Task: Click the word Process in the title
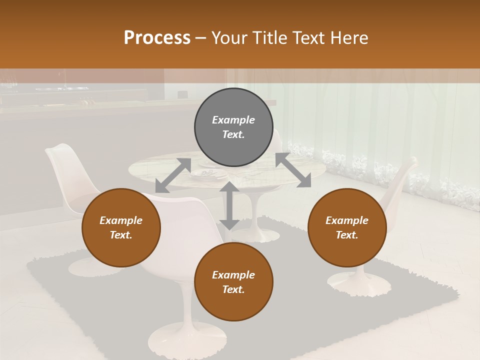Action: click(x=157, y=37)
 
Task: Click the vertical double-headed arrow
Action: click(x=229, y=205)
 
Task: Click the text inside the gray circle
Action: click(x=233, y=127)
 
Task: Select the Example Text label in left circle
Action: click(x=121, y=227)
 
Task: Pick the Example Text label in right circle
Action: click(x=347, y=227)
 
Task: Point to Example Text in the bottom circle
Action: click(x=233, y=282)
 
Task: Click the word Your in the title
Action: click(x=229, y=37)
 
